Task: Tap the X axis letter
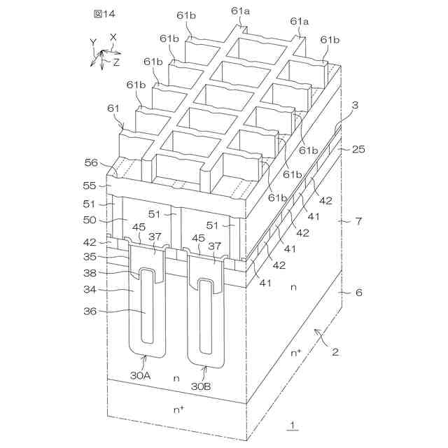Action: [x=113, y=37]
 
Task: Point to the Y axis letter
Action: [x=93, y=42]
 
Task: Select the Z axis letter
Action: [x=116, y=62]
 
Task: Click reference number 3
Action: [x=355, y=105]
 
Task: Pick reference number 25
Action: [x=358, y=150]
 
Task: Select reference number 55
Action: [x=91, y=187]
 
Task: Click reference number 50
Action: [x=91, y=220]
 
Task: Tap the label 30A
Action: [x=141, y=375]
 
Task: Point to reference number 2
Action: [x=335, y=353]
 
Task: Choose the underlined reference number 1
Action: [x=293, y=423]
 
